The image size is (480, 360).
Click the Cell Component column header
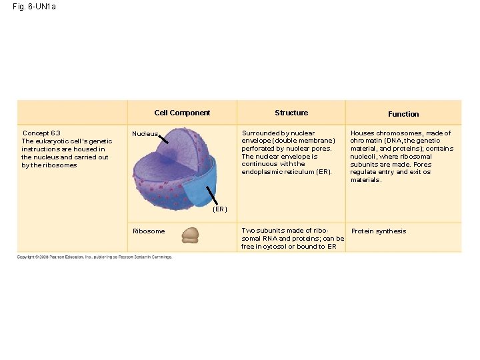click(x=182, y=113)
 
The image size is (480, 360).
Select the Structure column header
click(x=291, y=113)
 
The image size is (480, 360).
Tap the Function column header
click(x=403, y=114)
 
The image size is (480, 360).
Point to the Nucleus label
click(x=145, y=133)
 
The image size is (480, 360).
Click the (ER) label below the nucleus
click(x=220, y=209)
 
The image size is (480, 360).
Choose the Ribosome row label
click(x=149, y=231)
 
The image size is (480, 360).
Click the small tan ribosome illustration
click(x=191, y=235)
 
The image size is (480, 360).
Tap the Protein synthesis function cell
click(x=379, y=231)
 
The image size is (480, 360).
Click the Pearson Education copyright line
click(x=94, y=257)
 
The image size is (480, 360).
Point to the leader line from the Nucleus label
click(x=167, y=139)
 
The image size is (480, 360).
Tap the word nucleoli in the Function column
click(x=364, y=157)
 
